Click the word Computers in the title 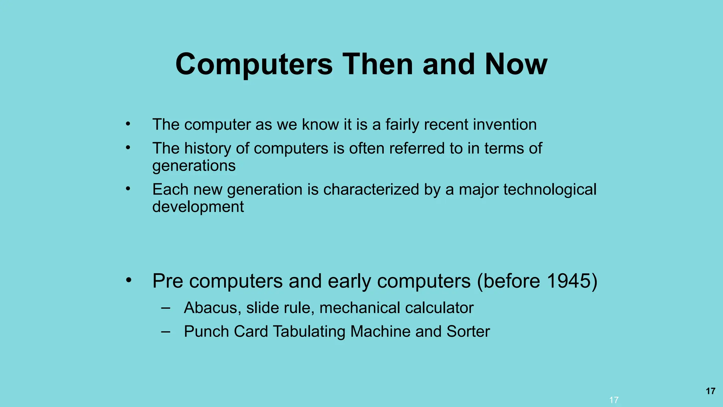(254, 64)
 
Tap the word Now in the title (516, 64)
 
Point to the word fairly (402, 125)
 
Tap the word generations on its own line (194, 166)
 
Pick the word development (198, 207)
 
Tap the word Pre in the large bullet (168, 281)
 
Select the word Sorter (468, 332)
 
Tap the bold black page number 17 (710, 391)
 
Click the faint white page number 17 (614, 400)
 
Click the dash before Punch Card (165, 332)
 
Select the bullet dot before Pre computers (129, 281)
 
